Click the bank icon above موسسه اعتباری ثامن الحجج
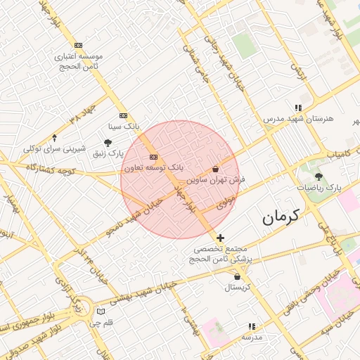[x=78, y=45]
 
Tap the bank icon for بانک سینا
[x=124, y=115]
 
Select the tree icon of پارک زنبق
[x=108, y=142]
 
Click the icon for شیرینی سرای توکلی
[x=55, y=138]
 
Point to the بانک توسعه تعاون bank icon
[x=153, y=157]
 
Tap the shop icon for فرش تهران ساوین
[x=215, y=169]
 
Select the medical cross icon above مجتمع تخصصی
[x=221, y=238]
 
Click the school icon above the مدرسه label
[x=252, y=326]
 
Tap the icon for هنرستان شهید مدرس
[x=299, y=108]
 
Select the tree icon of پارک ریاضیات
[x=319, y=176]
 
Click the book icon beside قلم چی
[x=101, y=311]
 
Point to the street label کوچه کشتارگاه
[x=50, y=169]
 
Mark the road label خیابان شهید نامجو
[x=134, y=217]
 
